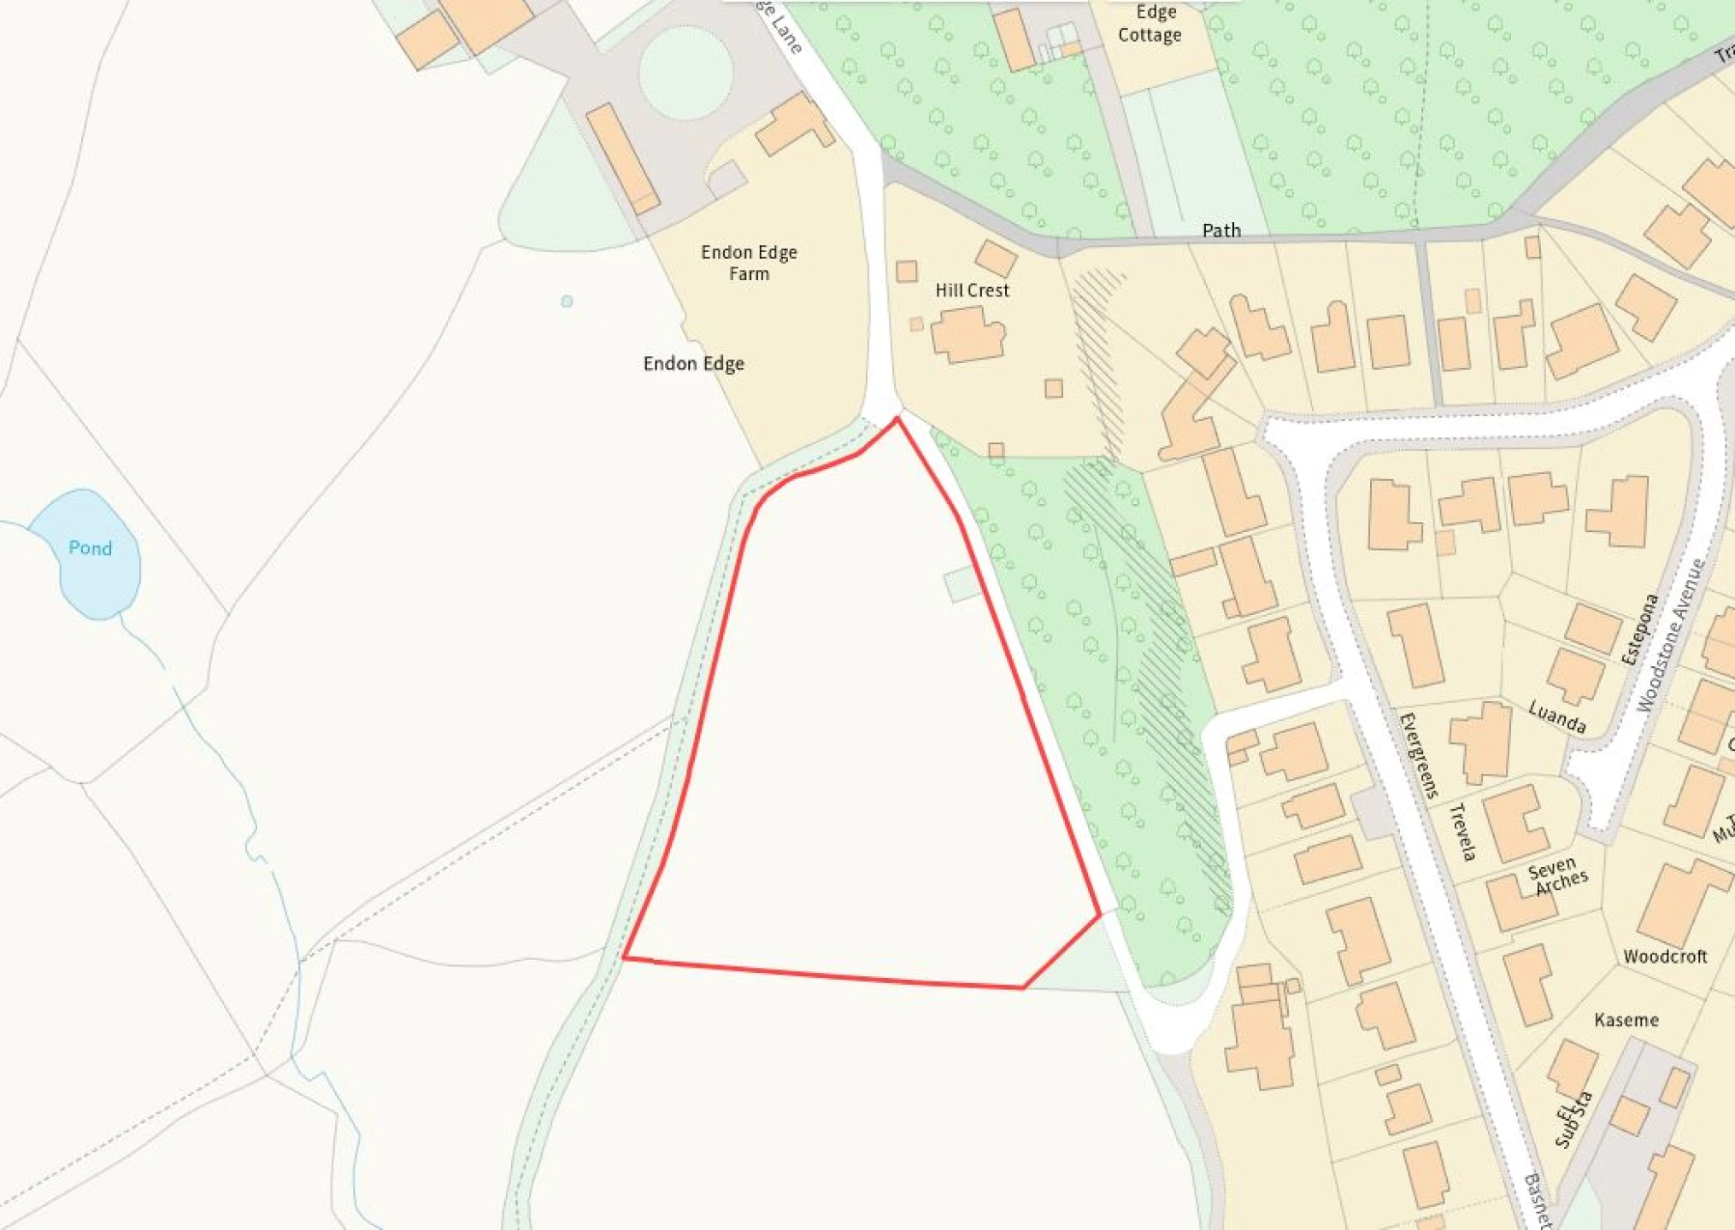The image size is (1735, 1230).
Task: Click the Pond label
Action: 90,548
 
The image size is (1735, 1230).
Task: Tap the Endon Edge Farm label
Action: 749,263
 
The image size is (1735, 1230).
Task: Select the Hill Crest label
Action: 972,290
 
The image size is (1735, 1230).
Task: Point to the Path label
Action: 1221,230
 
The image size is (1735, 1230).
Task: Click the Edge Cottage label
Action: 1150,24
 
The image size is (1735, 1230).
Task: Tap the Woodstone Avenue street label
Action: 1670,635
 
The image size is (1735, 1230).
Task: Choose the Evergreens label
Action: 1419,755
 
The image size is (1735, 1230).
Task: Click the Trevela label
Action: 1462,832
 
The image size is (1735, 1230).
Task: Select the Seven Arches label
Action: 1557,876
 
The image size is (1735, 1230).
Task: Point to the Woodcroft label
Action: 1664,957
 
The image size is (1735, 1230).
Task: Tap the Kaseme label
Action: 1626,1020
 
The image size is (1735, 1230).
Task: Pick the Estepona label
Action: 1639,630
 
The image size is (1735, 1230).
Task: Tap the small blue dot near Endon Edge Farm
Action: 567,302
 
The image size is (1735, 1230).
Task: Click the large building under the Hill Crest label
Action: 967,335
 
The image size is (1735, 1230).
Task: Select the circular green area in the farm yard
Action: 685,72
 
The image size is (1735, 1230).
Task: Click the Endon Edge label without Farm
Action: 693,364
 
